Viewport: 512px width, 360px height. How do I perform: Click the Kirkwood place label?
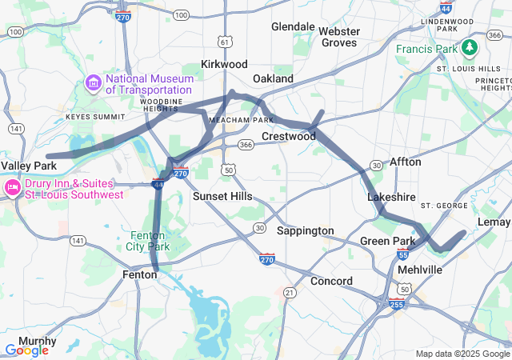[224, 64]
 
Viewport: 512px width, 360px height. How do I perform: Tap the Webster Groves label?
[339, 37]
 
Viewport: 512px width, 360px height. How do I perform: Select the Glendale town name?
[293, 26]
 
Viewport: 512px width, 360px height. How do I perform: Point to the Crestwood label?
[289, 136]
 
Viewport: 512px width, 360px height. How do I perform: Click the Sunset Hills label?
[222, 196]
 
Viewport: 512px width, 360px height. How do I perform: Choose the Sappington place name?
[305, 230]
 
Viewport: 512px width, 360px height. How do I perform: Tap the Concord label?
[331, 281]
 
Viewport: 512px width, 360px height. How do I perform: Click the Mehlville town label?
[420, 270]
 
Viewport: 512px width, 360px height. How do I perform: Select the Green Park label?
[387, 241]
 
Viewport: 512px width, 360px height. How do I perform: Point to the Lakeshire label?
[391, 197]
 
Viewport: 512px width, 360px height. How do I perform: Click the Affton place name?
[405, 162]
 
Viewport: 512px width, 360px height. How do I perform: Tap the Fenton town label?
[139, 274]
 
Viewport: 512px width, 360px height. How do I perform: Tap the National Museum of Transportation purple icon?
[94, 83]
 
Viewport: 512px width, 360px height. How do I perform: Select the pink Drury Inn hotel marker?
[12, 188]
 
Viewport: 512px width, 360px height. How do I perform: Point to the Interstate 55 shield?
[402, 255]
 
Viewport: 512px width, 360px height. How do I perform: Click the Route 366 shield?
[246, 145]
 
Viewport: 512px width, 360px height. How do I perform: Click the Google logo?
[26, 350]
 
